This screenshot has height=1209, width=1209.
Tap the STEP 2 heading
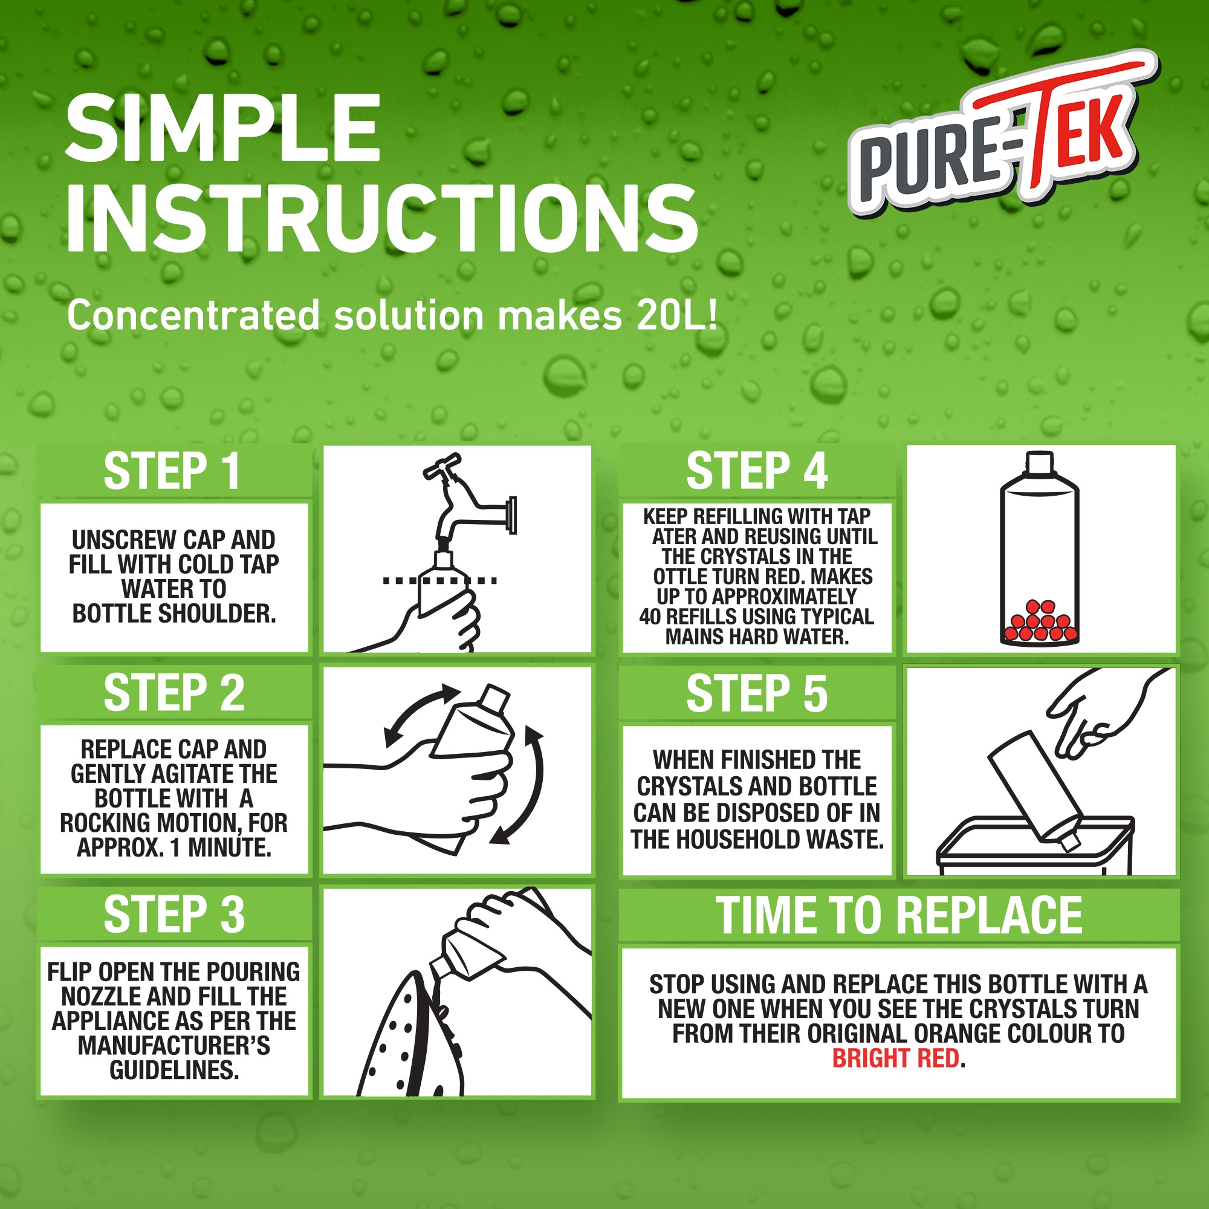174,693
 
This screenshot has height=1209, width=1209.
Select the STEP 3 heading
174,914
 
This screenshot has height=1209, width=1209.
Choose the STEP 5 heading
757,693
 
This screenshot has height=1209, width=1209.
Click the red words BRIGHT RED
895,1058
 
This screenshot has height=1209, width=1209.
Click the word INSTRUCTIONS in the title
381,219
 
